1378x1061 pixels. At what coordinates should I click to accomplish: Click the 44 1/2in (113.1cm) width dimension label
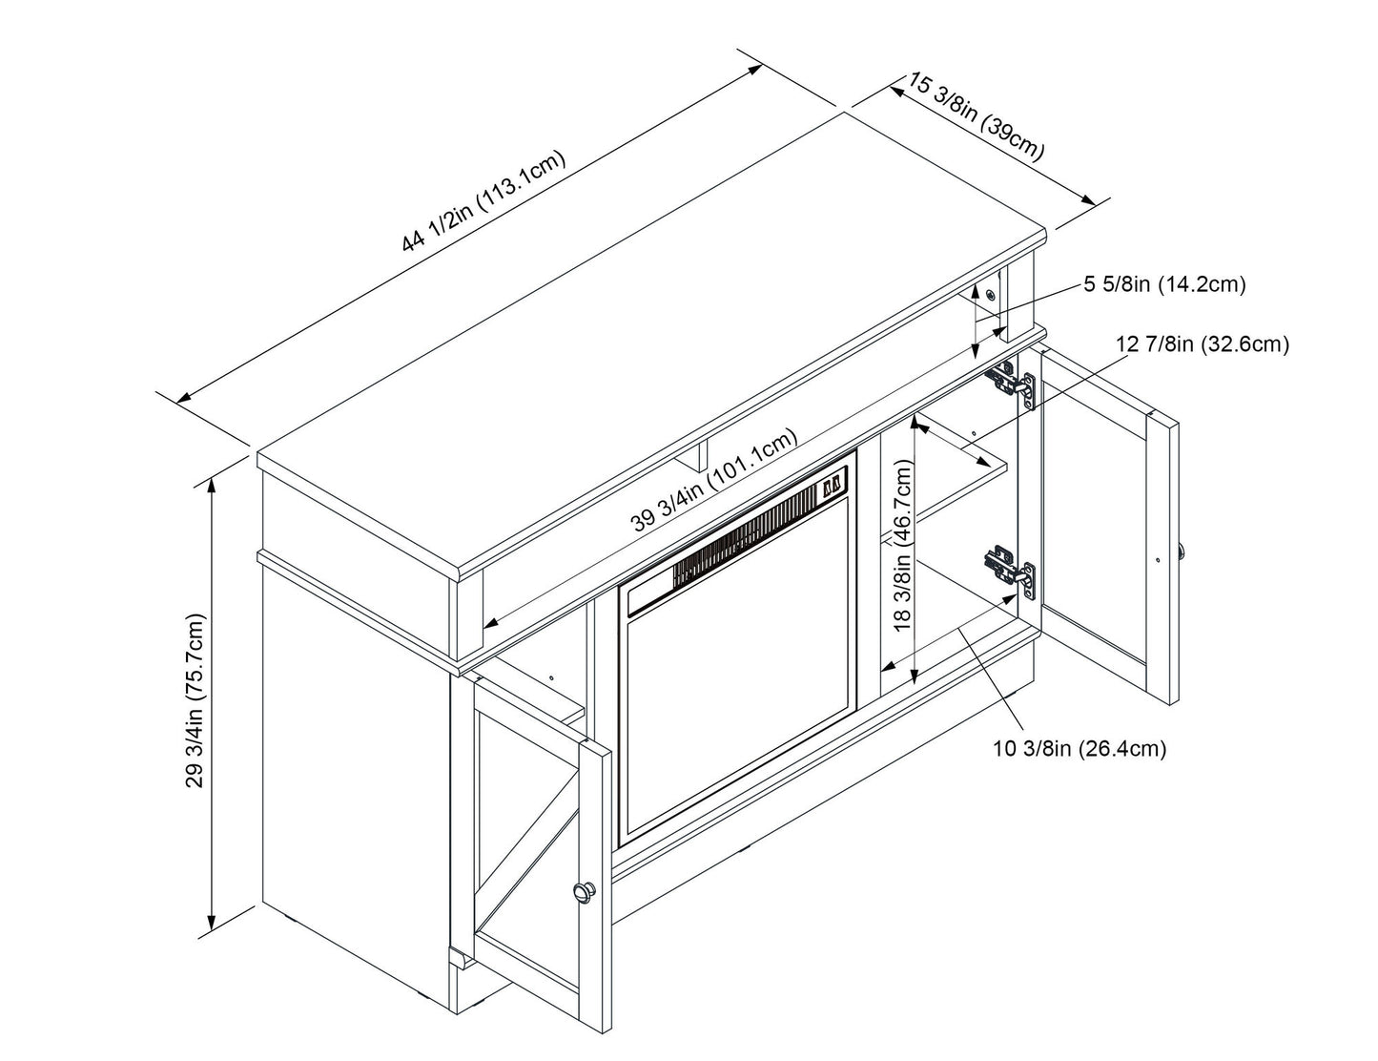tap(484, 201)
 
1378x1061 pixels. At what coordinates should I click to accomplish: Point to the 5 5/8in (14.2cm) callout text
tap(1163, 284)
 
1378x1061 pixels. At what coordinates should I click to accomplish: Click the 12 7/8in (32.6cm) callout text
tap(1202, 344)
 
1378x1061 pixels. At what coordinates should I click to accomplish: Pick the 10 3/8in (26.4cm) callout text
tap(1080, 749)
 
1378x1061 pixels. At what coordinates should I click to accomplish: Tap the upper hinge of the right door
tap(1012, 384)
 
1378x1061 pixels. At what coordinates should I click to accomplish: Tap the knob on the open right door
tap(1183, 551)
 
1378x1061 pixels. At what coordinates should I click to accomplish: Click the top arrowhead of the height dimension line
tap(212, 482)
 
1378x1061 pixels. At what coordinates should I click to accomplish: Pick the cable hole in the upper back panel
tap(992, 294)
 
